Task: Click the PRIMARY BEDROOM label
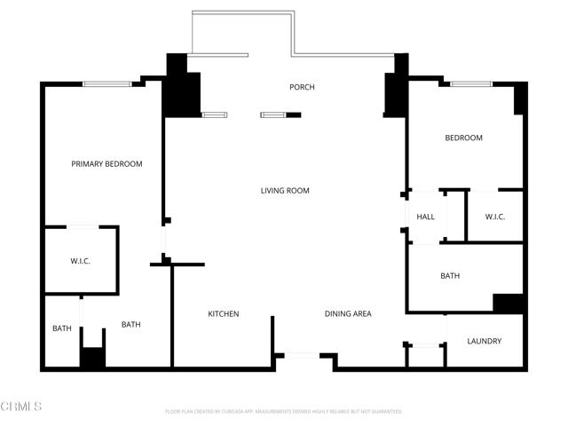point(106,164)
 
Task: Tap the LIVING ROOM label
point(285,191)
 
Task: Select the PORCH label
point(302,87)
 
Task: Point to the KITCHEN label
point(223,314)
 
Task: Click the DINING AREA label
point(347,314)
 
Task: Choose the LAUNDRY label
point(484,342)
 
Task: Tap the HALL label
point(425,217)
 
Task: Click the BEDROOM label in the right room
point(463,138)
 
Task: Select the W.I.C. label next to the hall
point(494,217)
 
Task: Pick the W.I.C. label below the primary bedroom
point(81,261)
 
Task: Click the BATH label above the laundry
point(450,276)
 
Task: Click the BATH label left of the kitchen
point(130,325)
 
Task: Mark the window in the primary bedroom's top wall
point(107,84)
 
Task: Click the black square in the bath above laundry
point(508,303)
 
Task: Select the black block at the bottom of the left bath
point(92,359)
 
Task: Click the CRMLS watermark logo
point(21,406)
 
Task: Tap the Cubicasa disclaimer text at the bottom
point(284,412)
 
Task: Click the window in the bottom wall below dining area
point(303,356)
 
